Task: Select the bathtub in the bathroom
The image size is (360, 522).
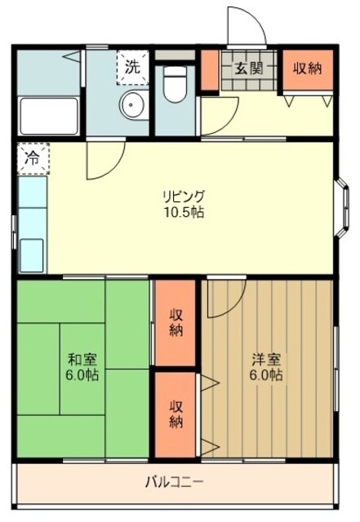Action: (48, 117)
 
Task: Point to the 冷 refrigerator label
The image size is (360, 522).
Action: (31, 158)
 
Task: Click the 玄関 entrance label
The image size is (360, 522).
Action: (250, 69)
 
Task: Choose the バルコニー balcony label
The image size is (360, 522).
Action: (175, 482)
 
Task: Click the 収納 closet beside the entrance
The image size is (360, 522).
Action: (307, 69)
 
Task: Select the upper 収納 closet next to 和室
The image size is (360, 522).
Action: (176, 323)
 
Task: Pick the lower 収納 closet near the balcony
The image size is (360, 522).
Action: (176, 414)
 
